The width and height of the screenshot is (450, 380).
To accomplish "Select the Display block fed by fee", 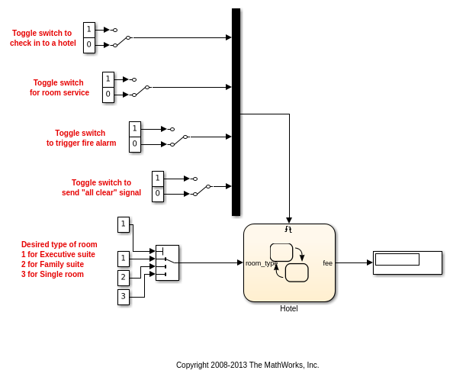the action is click(x=407, y=262).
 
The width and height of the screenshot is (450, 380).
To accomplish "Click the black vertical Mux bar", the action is click(x=236, y=112).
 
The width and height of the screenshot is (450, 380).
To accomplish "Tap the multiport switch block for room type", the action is click(x=167, y=262).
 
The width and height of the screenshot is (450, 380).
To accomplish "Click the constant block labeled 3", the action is click(x=124, y=297).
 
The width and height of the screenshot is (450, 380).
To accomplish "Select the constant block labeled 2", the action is click(x=124, y=278).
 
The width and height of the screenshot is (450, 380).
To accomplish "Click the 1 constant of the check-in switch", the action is click(x=89, y=30).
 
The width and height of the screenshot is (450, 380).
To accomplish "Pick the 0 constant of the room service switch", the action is click(x=108, y=95).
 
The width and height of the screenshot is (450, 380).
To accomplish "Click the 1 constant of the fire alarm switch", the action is click(x=135, y=129).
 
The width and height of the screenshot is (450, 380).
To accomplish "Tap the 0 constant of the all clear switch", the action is click(x=158, y=194).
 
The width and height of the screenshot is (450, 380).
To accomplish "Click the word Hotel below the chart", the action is click(x=289, y=308).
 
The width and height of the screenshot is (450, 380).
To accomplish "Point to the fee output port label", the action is click(x=327, y=263).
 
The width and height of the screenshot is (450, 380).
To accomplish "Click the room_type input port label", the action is click(x=262, y=263).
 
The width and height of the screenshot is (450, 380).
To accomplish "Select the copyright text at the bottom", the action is click(x=247, y=365).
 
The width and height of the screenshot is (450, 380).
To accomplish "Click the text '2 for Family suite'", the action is click(x=53, y=264).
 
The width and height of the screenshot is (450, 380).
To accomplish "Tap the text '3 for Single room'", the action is click(x=53, y=274).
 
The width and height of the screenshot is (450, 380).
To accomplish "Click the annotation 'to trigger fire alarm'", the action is click(x=81, y=143).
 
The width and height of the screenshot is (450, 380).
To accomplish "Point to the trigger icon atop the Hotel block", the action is click(x=288, y=229).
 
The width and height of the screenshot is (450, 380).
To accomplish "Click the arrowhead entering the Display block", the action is click(x=370, y=262).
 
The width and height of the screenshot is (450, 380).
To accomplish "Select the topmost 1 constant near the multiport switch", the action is click(x=124, y=224).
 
